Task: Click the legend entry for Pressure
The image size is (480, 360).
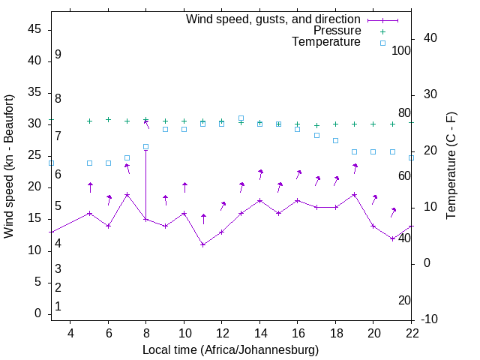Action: pyautogui.click(x=337, y=31)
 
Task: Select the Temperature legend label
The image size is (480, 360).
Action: pyautogui.click(x=326, y=42)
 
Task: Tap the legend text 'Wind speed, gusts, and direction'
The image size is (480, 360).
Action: pyautogui.click(x=274, y=19)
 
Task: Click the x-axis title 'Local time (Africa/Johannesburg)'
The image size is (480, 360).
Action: pyautogui.click(x=231, y=350)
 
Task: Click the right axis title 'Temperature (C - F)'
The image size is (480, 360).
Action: pyautogui.click(x=451, y=166)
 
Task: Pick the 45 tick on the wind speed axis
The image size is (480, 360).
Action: pyautogui.click(x=35, y=28)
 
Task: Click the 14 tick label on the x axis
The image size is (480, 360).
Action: pyautogui.click(x=259, y=333)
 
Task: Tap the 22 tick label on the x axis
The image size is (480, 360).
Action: pyautogui.click(x=411, y=333)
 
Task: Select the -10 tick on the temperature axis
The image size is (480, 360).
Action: pyautogui.click(x=430, y=319)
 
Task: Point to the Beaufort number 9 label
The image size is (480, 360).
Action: pyautogui.click(x=58, y=55)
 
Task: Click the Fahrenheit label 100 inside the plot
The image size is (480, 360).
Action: pyautogui.click(x=401, y=50)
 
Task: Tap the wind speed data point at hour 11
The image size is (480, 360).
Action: pyautogui.click(x=202, y=244)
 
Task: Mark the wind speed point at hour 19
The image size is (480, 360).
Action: pyautogui.click(x=354, y=194)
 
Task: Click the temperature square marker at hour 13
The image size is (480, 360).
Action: pyautogui.click(x=241, y=118)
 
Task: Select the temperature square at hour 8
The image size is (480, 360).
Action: pyautogui.click(x=145, y=147)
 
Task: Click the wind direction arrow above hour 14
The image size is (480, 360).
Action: pyautogui.click(x=259, y=174)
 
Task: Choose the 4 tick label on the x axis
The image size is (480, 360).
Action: pyautogui.click(x=70, y=333)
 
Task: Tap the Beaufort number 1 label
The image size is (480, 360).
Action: pyautogui.click(x=58, y=306)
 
